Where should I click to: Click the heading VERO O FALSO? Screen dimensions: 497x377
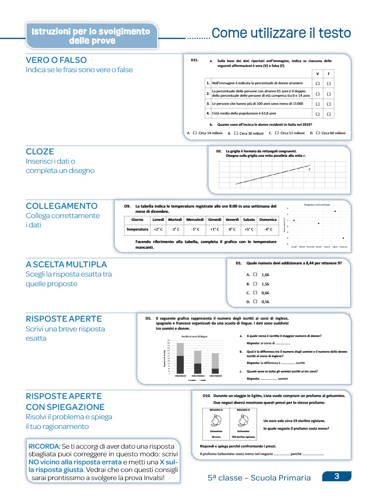click(x=56, y=60)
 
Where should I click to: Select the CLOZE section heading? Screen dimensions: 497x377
click(x=40, y=152)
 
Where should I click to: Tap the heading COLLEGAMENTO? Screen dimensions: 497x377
click(x=62, y=206)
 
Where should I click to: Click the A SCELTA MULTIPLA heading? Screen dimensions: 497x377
click(x=66, y=264)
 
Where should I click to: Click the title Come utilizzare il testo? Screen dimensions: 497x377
click(x=281, y=33)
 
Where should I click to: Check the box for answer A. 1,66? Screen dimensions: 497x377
click(x=255, y=275)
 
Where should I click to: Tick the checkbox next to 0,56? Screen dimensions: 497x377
click(x=255, y=302)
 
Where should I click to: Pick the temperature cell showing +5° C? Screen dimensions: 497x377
click(x=248, y=229)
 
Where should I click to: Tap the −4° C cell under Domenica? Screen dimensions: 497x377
click(x=268, y=229)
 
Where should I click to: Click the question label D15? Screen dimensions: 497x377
click(x=194, y=60)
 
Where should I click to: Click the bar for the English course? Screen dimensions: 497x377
click(x=180, y=359)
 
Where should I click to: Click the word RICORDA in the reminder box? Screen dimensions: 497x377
click(x=44, y=447)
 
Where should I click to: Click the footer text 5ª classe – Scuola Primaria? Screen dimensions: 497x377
click(x=259, y=478)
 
